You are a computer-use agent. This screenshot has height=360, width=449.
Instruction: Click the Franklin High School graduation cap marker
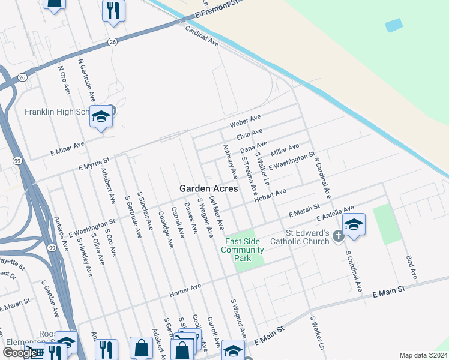(x=101, y=116)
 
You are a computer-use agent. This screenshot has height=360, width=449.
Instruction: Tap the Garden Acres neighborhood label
(x=208, y=188)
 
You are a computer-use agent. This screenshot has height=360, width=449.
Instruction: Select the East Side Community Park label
(x=243, y=250)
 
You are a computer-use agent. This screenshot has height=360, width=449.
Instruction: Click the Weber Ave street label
(x=245, y=120)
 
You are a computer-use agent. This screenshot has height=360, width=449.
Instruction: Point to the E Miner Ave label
(x=68, y=148)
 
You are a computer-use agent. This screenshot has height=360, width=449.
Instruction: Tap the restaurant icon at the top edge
(x=113, y=10)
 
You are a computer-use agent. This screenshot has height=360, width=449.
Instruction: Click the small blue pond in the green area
(x=394, y=25)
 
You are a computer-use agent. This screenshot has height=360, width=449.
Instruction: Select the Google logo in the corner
(x=20, y=353)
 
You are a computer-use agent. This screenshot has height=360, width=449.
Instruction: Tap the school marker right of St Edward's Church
(x=354, y=225)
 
